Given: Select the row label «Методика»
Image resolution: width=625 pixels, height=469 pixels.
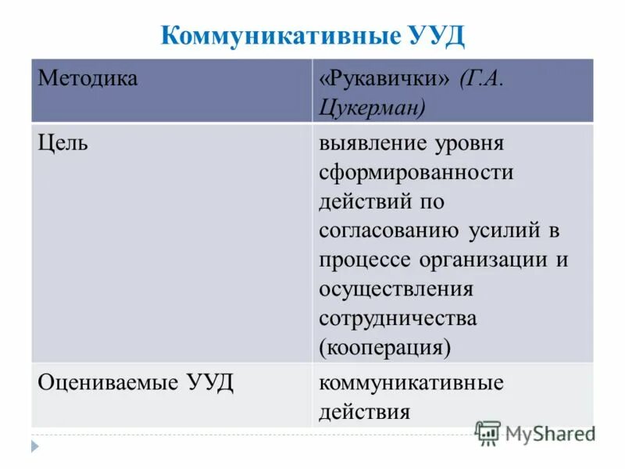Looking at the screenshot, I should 87,79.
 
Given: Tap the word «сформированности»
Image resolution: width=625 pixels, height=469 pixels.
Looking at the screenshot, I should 416,172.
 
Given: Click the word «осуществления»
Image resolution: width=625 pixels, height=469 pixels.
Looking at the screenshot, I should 396,288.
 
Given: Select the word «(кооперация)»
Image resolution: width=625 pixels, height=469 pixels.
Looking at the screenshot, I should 384,345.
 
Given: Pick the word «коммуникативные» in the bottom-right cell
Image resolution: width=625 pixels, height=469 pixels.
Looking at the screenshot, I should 411,383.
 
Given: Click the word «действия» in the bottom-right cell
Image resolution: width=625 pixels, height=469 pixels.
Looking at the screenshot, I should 364,411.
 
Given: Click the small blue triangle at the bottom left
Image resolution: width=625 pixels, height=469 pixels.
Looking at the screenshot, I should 34,447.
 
